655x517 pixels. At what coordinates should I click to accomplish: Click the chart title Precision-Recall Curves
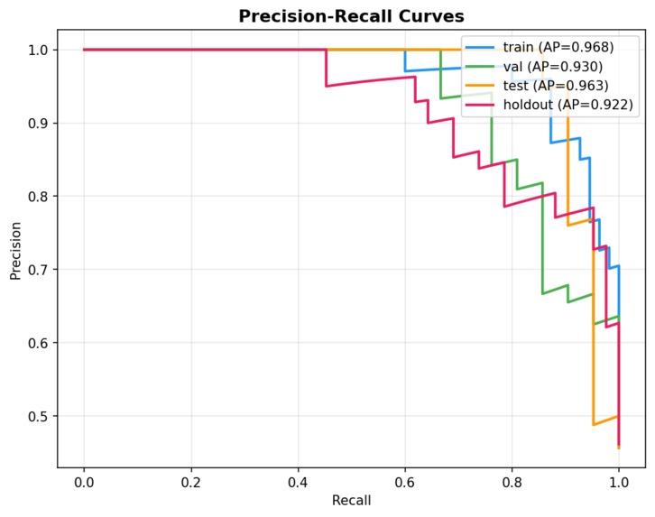(x=350, y=16)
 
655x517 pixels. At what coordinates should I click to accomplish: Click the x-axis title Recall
(x=350, y=500)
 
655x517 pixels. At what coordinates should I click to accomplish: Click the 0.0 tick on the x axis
(x=84, y=482)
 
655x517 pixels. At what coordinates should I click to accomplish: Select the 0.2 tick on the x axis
(x=191, y=482)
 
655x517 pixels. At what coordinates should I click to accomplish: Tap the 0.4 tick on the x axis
(x=298, y=482)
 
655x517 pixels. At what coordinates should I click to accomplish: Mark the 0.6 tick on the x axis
(x=405, y=482)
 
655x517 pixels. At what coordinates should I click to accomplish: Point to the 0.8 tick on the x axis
(x=512, y=482)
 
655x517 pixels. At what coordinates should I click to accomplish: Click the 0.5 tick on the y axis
(x=39, y=416)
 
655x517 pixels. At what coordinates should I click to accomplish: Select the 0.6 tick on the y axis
(x=39, y=343)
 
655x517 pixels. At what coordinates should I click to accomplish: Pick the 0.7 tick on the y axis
(x=39, y=270)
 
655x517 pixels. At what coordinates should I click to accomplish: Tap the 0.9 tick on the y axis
(x=39, y=124)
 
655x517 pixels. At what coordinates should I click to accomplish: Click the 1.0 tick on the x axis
(x=619, y=482)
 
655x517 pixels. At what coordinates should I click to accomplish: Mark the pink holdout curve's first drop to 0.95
(x=327, y=86)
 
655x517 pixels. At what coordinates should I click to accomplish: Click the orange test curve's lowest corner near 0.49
(x=593, y=424)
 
